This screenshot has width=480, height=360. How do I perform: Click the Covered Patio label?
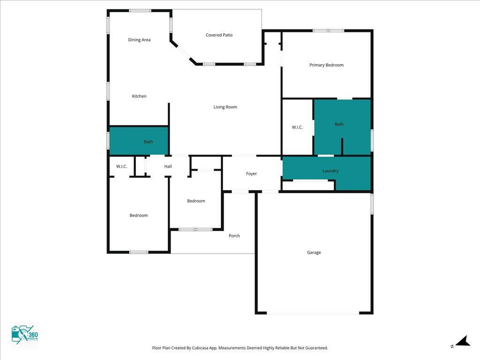(x=219, y=35)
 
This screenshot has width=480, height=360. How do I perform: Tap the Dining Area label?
(x=139, y=40)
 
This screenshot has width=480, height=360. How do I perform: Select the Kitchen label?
(x=139, y=96)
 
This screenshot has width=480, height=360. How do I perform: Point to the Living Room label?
(x=225, y=107)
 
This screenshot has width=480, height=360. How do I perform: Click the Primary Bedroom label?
(x=326, y=65)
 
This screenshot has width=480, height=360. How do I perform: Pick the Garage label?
(x=314, y=253)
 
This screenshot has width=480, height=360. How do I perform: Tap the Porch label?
(x=234, y=236)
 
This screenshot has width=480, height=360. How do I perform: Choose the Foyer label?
(x=251, y=173)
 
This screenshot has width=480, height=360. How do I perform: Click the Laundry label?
(x=330, y=171)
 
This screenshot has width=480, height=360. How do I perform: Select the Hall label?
(x=168, y=166)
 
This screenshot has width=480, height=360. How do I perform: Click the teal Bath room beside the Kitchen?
(x=139, y=141)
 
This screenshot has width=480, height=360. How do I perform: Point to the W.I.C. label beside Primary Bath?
(x=297, y=127)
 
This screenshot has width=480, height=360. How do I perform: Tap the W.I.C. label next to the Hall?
(x=121, y=166)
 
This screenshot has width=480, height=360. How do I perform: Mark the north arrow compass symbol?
(x=461, y=342)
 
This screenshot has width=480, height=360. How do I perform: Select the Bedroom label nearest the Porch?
(x=196, y=201)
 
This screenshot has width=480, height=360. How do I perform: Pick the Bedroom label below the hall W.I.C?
(x=139, y=216)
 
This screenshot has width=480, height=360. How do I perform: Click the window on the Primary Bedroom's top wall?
(x=328, y=30)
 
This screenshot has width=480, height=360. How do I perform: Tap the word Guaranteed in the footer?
(x=317, y=348)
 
